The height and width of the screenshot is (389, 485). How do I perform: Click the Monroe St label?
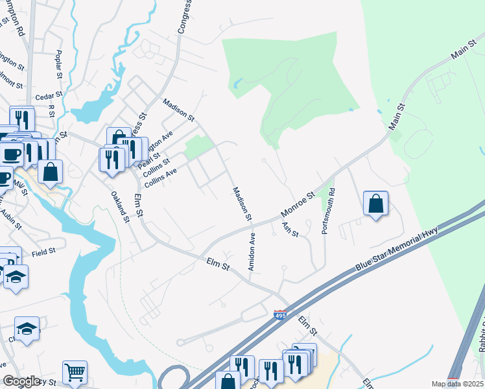click(x=297, y=204)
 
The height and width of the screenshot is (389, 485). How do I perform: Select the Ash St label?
click(x=290, y=230)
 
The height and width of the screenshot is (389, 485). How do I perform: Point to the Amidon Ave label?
click(x=251, y=252)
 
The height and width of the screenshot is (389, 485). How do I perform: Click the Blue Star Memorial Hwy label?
click(x=397, y=250)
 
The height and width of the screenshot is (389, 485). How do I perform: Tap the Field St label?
click(x=43, y=251)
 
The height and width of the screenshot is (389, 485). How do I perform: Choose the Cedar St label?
click(x=48, y=96)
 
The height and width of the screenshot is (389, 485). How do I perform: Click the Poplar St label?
click(x=59, y=63)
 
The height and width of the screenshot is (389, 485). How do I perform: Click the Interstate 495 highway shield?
click(x=279, y=315)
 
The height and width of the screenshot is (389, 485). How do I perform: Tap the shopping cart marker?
click(x=75, y=371)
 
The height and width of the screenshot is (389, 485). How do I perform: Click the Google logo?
click(x=21, y=381)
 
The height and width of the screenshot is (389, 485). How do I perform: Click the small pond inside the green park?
click(x=238, y=84)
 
